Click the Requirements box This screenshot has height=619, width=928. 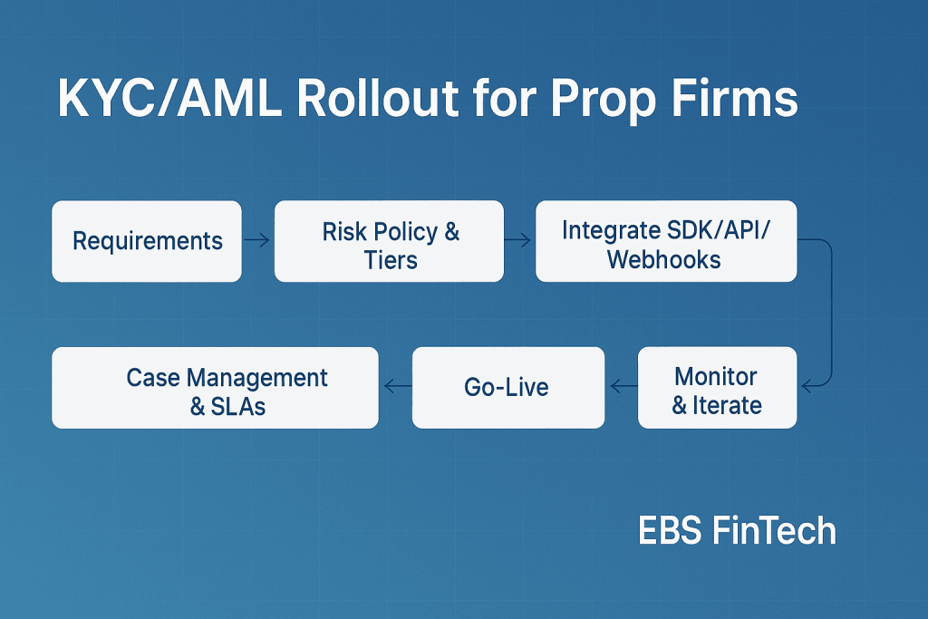click(147, 241)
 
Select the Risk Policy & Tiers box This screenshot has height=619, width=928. click(389, 241)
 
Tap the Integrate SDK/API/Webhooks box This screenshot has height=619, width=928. click(666, 241)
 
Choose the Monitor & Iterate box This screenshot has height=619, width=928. click(718, 388)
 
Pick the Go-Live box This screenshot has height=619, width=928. click(508, 388)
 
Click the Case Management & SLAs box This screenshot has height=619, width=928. click(215, 388)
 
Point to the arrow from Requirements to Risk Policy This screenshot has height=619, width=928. click(256, 240)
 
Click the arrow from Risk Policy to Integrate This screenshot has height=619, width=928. click(517, 240)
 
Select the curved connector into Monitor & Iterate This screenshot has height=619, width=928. click(832, 314)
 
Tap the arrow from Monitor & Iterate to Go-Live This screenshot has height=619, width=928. click(623, 387)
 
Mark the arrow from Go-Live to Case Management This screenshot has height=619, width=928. click(398, 387)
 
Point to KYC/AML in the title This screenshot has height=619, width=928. click(169, 98)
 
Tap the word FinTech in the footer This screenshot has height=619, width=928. click(774, 530)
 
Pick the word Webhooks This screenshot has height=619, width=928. click(664, 260)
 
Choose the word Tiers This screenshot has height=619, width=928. click(391, 260)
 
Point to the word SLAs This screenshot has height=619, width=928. click(238, 407)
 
